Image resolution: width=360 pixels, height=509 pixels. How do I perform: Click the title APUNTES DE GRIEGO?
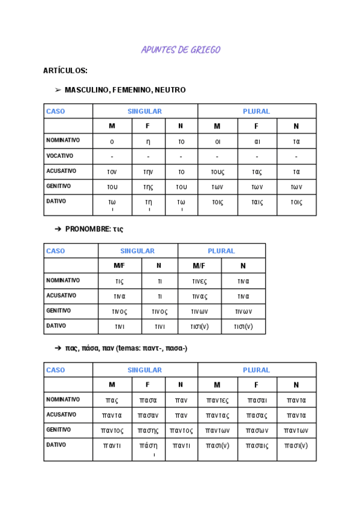[x=181, y=50]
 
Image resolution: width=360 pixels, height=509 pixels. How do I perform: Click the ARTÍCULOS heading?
[x=65, y=71]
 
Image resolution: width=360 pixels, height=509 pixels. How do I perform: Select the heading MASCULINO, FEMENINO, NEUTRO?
[x=125, y=90]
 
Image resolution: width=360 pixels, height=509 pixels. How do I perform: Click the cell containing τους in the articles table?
[x=217, y=172]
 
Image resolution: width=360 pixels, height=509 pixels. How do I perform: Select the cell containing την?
[x=148, y=172]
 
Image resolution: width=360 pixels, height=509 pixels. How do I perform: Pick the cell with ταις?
[x=257, y=202]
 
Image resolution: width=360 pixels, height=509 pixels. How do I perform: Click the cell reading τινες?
[x=199, y=281]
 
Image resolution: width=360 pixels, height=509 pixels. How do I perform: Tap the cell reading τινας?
[x=199, y=297]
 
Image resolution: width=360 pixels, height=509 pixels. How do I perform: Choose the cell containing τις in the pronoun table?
[x=119, y=281]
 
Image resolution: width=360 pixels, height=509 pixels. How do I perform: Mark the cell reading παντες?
[x=217, y=400]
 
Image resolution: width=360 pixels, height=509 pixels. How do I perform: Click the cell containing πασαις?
[x=257, y=445]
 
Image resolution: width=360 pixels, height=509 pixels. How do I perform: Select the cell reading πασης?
[x=148, y=430]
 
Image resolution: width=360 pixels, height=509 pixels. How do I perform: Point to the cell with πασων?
[x=257, y=430]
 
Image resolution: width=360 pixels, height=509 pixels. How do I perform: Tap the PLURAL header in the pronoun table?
[x=221, y=251]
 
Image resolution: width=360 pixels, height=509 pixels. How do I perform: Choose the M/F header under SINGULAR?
[x=119, y=266]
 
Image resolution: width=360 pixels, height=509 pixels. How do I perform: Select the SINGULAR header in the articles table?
[x=145, y=111]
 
